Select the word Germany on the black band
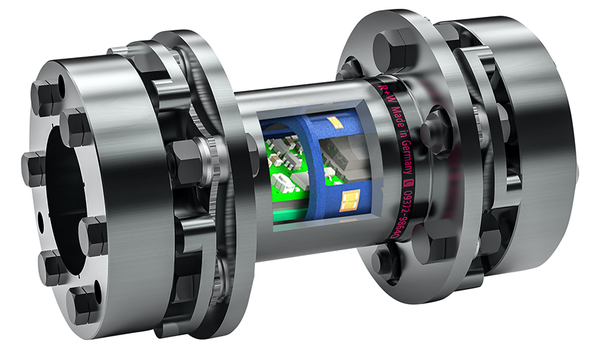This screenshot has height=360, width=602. (403, 155)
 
